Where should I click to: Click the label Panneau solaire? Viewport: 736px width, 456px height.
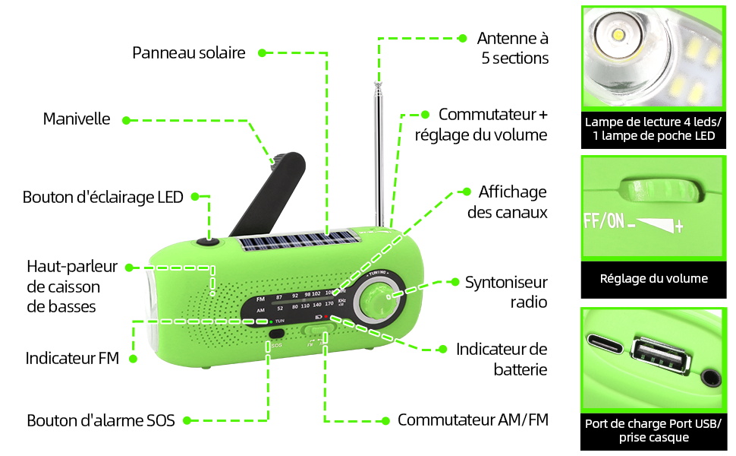tap(189, 52)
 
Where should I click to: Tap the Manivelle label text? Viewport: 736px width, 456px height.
tap(77, 119)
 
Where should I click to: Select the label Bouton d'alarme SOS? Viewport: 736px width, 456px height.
tap(101, 420)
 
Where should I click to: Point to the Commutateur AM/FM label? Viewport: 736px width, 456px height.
tap(473, 420)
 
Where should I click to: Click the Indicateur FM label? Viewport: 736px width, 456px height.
tap(72, 358)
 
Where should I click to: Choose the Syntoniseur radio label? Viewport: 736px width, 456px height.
tap(506, 292)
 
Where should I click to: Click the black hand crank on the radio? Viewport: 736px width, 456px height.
tap(268, 194)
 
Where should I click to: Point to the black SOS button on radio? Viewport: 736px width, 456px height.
tap(277, 334)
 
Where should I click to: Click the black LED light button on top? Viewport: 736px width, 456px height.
tap(208, 242)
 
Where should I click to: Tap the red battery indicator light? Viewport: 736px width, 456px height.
tap(326, 317)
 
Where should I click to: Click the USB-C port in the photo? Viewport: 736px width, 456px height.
tap(605, 344)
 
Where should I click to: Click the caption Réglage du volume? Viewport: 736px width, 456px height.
tap(653, 279)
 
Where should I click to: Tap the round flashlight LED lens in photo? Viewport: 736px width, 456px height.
tap(618, 35)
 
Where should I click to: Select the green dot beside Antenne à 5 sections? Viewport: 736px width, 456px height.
tap(462, 38)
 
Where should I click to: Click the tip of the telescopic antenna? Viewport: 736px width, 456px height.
tap(377, 84)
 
